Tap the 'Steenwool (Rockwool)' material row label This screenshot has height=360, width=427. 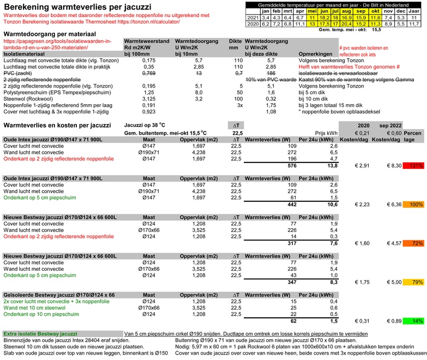pos(30,99)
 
